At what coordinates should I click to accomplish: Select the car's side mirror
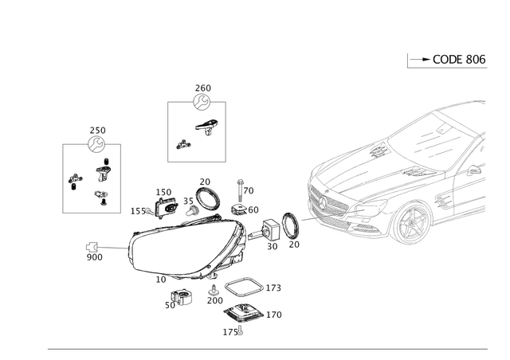click(x=476, y=170)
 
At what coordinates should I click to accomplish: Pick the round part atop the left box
click(x=97, y=144)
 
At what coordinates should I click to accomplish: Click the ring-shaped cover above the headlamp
click(x=209, y=198)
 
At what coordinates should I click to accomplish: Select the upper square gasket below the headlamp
click(x=245, y=288)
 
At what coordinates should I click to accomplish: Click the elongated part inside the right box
click(x=209, y=127)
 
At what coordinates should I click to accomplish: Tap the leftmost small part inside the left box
click(x=74, y=179)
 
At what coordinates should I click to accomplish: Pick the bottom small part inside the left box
click(x=100, y=195)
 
